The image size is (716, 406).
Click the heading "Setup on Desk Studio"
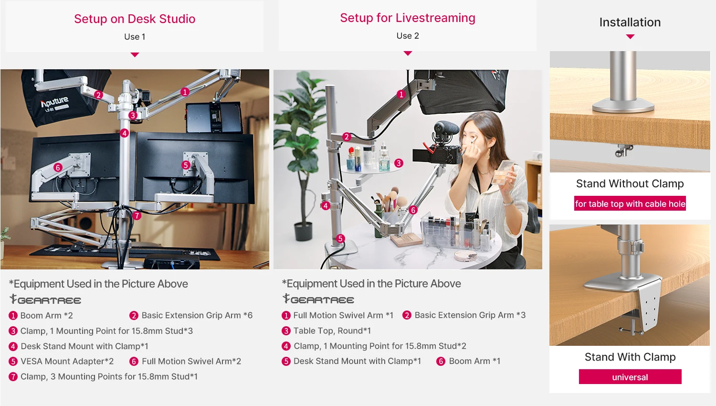(x=135, y=19)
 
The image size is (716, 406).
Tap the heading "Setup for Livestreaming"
(x=408, y=18)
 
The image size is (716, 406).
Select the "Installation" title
(x=630, y=22)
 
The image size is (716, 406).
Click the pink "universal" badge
(x=630, y=377)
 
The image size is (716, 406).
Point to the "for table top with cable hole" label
(x=630, y=204)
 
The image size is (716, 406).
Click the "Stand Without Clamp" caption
(x=630, y=184)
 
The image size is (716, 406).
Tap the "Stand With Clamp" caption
(x=630, y=357)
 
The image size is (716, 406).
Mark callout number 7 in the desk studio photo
(x=137, y=215)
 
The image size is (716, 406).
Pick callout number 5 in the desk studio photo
(x=186, y=165)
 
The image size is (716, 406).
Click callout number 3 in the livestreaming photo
(x=399, y=163)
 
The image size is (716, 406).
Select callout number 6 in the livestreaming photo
(x=413, y=210)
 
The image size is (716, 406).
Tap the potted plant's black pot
(x=303, y=231)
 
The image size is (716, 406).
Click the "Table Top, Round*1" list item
(x=332, y=331)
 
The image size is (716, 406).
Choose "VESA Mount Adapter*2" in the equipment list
(x=67, y=362)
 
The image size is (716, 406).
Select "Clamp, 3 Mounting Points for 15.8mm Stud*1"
(x=109, y=377)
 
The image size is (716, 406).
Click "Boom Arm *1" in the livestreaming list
(x=474, y=361)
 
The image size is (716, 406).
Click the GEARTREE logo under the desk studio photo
(x=45, y=300)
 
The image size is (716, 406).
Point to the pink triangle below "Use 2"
(x=408, y=53)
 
